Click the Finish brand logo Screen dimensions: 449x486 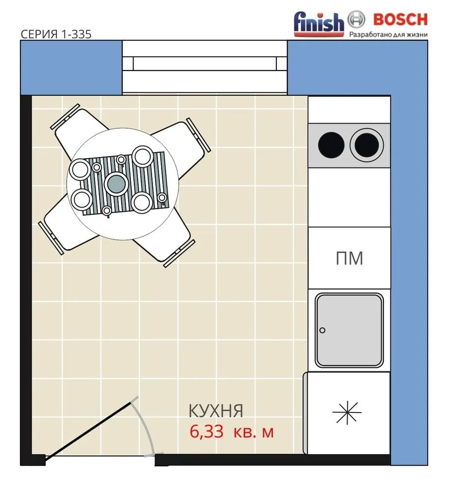(x=319, y=24)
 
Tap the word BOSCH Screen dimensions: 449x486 (x=400, y=19)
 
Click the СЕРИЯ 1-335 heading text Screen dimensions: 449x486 (x=56, y=34)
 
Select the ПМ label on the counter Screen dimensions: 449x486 (x=349, y=258)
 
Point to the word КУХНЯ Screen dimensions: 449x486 (x=216, y=411)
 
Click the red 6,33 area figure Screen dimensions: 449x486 (x=207, y=432)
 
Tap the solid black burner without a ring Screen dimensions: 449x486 (x=331, y=145)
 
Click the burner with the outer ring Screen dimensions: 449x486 (x=366, y=145)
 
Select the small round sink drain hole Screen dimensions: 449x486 (x=322, y=330)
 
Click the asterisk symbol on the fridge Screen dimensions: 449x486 (x=347, y=412)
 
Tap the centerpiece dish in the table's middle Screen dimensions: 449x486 (x=117, y=184)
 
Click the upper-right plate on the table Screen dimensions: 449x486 (x=142, y=156)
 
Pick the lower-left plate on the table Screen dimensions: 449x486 (x=82, y=200)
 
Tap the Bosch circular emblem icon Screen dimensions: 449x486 (x=356, y=19)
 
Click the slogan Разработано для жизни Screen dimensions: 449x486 (x=389, y=35)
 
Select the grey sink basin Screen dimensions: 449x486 (x=349, y=330)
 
